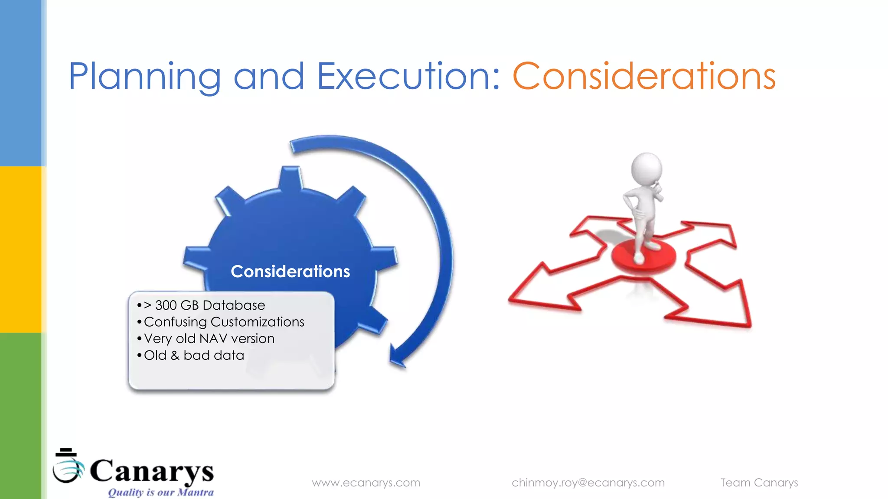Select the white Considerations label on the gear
290,272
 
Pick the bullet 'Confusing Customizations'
224,322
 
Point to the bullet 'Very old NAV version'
209,338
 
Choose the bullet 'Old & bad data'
194,355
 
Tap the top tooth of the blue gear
290,178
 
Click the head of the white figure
646,168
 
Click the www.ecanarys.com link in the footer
366,483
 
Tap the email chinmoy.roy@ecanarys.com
588,483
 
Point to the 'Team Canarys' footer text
759,483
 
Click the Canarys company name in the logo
152,471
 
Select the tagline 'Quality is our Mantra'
160,493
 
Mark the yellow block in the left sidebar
21,249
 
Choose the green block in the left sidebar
21,416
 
